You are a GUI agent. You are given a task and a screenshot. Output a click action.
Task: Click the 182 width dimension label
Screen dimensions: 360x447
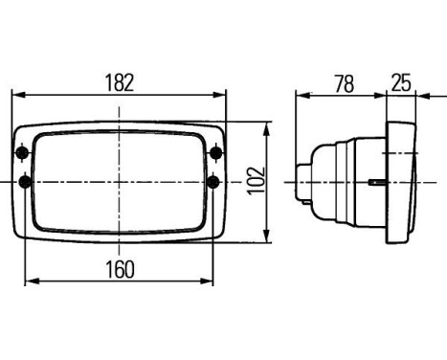click(121, 81)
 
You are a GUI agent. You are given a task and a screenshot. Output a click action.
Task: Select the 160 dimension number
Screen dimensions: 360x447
click(121, 267)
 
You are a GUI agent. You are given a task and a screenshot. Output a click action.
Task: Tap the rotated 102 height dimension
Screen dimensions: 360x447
click(254, 179)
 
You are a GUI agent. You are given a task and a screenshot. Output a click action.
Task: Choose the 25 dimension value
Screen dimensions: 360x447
click(401, 83)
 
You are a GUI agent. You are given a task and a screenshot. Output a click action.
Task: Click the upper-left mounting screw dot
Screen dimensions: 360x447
click(22, 152)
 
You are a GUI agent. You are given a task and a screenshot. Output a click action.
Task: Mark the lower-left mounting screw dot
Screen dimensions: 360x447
click(23, 181)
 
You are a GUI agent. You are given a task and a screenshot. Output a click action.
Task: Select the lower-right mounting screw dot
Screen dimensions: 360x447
click(216, 181)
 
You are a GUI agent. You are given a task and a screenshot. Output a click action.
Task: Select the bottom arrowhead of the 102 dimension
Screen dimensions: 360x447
click(267, 234)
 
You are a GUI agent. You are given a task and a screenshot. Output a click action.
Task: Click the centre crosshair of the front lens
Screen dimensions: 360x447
click(121, 181)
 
